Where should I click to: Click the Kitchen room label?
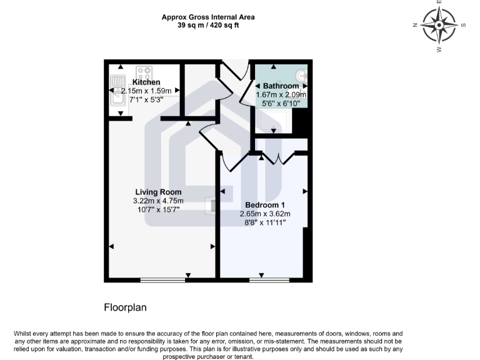coord(146,82)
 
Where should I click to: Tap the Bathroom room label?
coord(281,86)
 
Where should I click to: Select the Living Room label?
coord(159,192)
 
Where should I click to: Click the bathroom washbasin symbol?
coord(300,74)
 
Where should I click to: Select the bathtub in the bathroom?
coord(272,121)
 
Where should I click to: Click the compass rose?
coord(439,26)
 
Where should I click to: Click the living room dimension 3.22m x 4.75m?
coord(158,201)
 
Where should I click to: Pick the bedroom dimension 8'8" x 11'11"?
coord(265,222)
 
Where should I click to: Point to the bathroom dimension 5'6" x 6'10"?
coord(281,103)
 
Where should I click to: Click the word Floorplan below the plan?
coord(124,307)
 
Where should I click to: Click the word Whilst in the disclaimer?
coord(25,334)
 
